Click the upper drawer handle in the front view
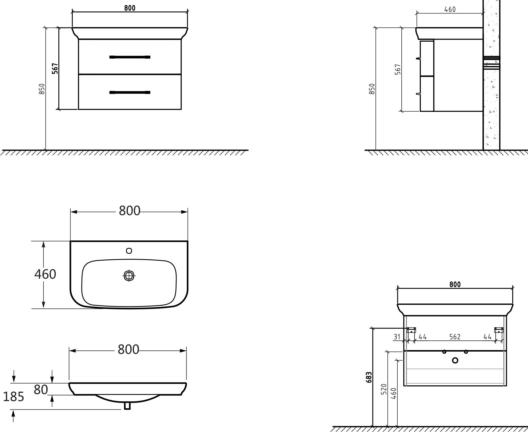tap(130, 57)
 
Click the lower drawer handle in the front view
tap(130, 93)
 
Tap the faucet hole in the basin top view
tap(129, 251)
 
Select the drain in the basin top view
tap(129, 276)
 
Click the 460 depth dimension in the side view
tap(450, 9)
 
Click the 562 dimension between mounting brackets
tap(455, 337)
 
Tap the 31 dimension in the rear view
tap(397, 337)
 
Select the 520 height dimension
tap(384, 389)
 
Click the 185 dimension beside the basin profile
tap(13, 397)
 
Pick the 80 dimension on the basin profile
tap(41, 389)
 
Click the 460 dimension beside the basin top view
tap(45, 274)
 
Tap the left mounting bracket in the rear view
tap(412, 330)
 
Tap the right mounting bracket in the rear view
tap(499, 330)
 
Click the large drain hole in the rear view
tap(455, 361)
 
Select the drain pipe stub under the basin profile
tap(127, 406)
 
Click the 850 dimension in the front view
tap(42, 89)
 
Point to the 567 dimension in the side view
tap(398, 69)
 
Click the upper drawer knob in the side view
tap(418, 58)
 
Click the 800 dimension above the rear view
tap(455, 284)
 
